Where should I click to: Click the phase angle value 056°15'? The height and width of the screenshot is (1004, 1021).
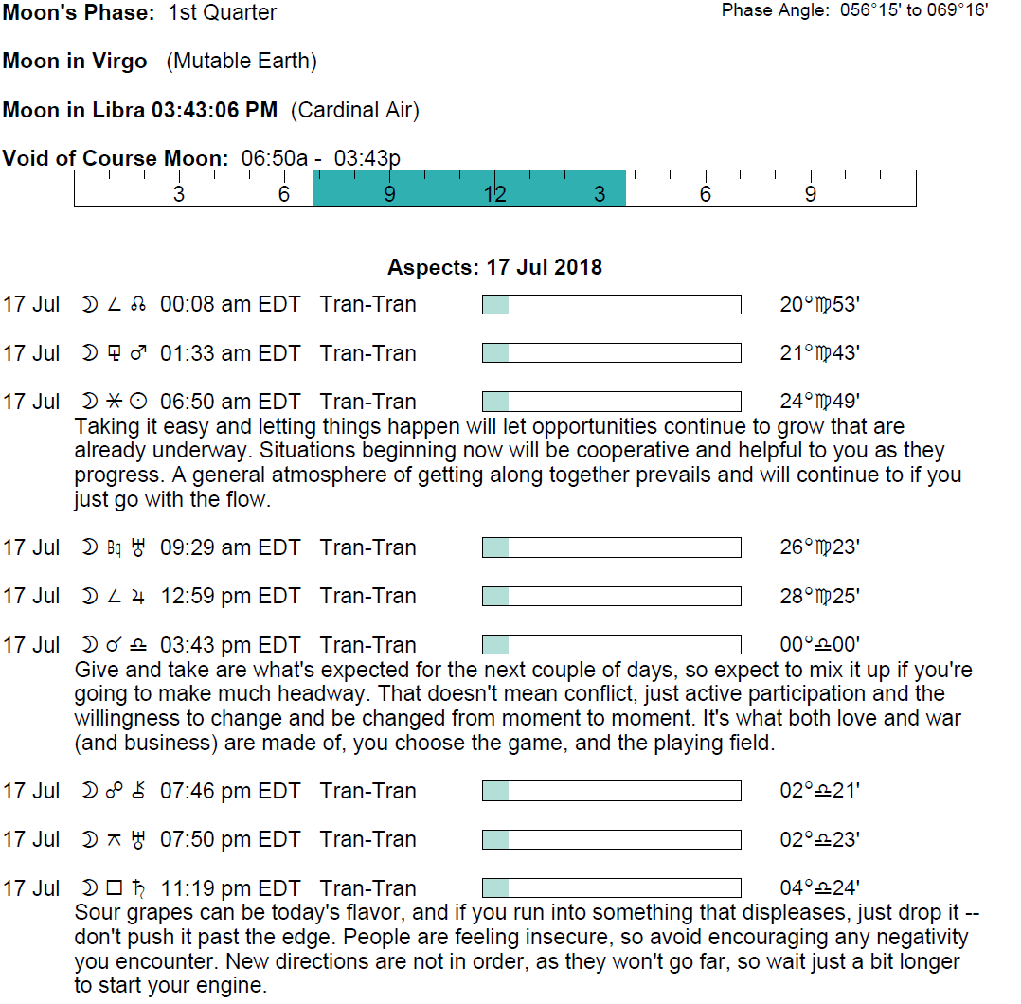870,10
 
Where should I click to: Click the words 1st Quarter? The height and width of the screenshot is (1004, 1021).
223,12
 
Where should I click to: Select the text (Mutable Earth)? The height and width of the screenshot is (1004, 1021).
242,62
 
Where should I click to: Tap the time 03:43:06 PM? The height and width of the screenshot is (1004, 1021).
214,110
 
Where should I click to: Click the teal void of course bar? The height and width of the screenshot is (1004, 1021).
470,188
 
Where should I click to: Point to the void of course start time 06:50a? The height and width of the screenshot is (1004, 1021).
275,159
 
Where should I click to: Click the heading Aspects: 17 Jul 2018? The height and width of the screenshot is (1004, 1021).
494,267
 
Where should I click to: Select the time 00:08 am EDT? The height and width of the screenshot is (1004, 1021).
230,304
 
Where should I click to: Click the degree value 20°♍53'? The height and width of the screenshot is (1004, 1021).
819,304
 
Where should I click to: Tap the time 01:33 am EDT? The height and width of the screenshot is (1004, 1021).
230,353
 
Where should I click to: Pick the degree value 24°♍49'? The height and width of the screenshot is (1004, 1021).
819,402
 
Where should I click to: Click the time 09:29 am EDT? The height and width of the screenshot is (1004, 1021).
230,547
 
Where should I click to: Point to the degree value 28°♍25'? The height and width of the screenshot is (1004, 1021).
819,596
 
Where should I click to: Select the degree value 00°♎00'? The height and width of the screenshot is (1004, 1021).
819,645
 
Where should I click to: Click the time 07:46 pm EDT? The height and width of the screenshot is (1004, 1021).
230,791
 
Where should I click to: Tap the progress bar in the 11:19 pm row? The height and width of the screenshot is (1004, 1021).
612,888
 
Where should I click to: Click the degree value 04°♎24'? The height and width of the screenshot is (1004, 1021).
819,888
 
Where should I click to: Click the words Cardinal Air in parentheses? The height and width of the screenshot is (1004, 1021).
354,110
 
